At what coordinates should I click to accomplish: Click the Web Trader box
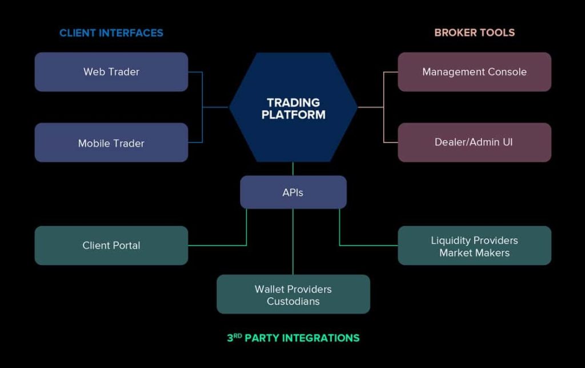click(x=111, y=72)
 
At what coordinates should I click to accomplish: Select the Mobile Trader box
click(x=111, y=143)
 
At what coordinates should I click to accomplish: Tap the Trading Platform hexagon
click(x=293, y=108)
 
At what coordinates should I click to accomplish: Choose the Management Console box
click(x=474, y=72)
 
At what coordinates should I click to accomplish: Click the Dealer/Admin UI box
click(x=474, y=142)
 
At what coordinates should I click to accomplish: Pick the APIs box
click(x=293, y=192)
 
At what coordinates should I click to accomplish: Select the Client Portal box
click(x=111, y=246)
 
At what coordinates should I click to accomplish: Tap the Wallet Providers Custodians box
click(x=293, y=295)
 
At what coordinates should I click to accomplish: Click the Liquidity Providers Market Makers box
click(x=474, y=246)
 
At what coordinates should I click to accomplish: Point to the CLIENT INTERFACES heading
click(x=111, y=33)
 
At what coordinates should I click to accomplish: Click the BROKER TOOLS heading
click(x=474, y=33)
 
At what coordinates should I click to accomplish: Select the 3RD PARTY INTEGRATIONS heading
click(x=293, y=338)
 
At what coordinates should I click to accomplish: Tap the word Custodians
click(x=293, y=301)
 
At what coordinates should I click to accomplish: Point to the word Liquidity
click(x=450, y=240)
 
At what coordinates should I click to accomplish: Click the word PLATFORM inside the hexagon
click(x=293, y=114)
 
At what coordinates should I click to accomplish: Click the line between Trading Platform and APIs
click(x=293, y=169)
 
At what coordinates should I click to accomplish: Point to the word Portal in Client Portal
click(x=127, y=246)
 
